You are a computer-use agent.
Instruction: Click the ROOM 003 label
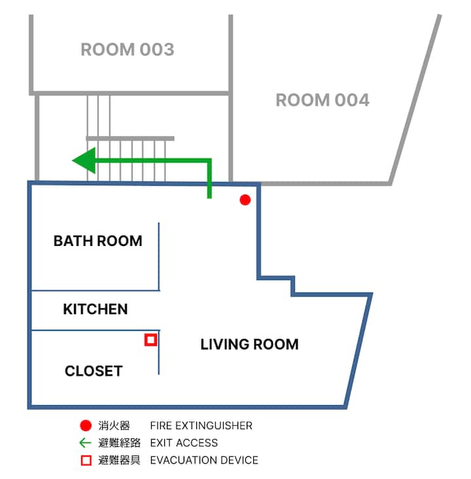(x=128, y=50)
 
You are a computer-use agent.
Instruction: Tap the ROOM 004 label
(x=323, y=100)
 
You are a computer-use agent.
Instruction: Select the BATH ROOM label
(x=97, y=241)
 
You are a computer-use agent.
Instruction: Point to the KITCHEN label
(x=96, y=309)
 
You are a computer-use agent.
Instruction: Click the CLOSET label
(x=94, y=371)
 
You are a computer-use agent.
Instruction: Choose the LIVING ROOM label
(x=249, y=344)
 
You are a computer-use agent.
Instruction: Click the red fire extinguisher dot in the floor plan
(x=245, y=200)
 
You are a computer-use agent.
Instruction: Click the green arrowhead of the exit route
(x=84, y=160)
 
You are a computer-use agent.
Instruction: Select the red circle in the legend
(x=86, y=425)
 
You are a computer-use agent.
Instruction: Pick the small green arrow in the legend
(x=85, y=442)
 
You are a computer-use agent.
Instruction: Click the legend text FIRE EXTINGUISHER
(x=201, y=425)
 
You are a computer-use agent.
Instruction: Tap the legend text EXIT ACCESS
(x=184, y=442)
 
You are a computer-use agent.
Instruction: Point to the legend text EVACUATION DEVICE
(x=204, y=460)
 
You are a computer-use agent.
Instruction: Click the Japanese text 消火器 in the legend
(x=114, y=425)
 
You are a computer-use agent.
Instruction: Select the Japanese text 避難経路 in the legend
(x=119, y=442)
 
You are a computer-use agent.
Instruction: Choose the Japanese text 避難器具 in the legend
(x=119, y=460)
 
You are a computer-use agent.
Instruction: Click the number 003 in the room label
(x=157, y=50)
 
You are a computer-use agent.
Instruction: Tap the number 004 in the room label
(x=352, y=100)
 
